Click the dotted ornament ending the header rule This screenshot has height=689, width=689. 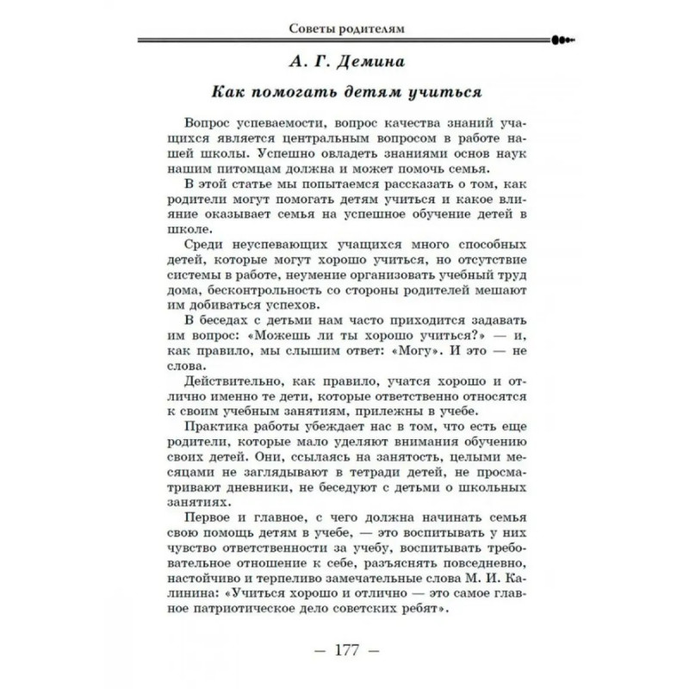coord(562,39)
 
